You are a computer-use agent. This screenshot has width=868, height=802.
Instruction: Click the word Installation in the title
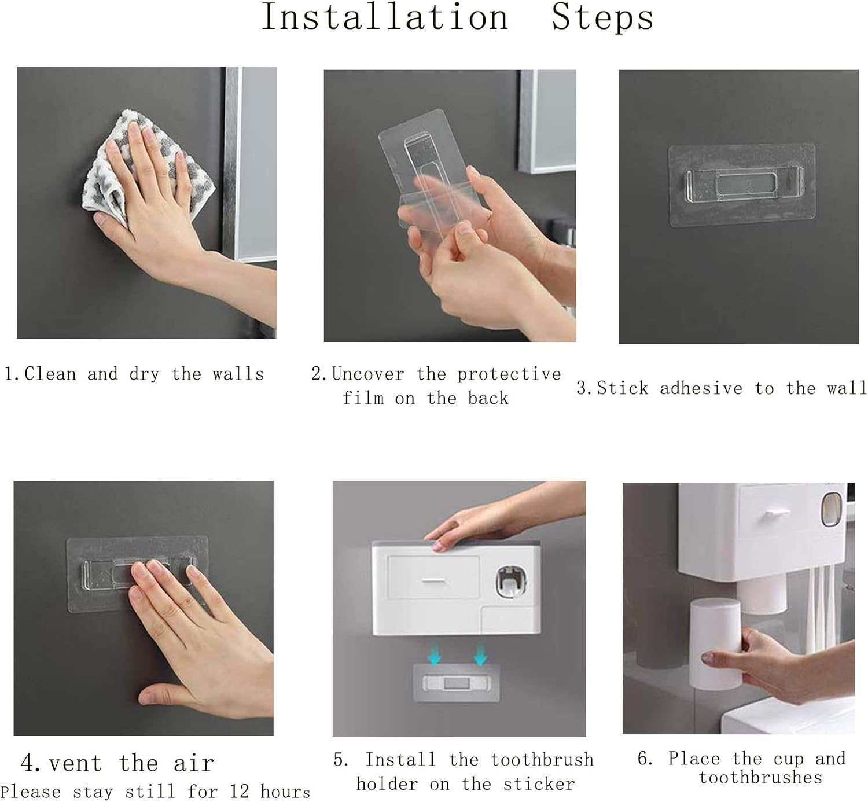point(385,17)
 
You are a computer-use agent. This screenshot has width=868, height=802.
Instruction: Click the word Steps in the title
point(602,17)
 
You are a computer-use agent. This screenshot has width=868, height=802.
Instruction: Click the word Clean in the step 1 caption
point(50,374)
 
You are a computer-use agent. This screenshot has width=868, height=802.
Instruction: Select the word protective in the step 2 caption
point(509,374)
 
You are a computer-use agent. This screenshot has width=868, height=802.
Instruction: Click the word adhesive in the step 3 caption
point(701,388)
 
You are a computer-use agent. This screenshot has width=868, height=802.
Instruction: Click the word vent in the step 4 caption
point(75,764)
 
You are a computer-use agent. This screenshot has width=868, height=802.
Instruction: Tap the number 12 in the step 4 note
point(239,792)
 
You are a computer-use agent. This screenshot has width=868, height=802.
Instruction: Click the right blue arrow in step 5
point(480,654)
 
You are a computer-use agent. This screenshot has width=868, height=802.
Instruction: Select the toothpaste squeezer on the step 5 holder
point(511,582)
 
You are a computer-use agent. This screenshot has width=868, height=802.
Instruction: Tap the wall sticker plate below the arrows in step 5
point(456,683)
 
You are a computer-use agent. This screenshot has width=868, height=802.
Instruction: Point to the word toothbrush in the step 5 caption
point(542,760)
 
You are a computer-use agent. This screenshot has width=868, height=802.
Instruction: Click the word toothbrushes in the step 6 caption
point(760,778)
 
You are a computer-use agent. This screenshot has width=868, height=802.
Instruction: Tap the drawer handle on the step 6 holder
point(776,513)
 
